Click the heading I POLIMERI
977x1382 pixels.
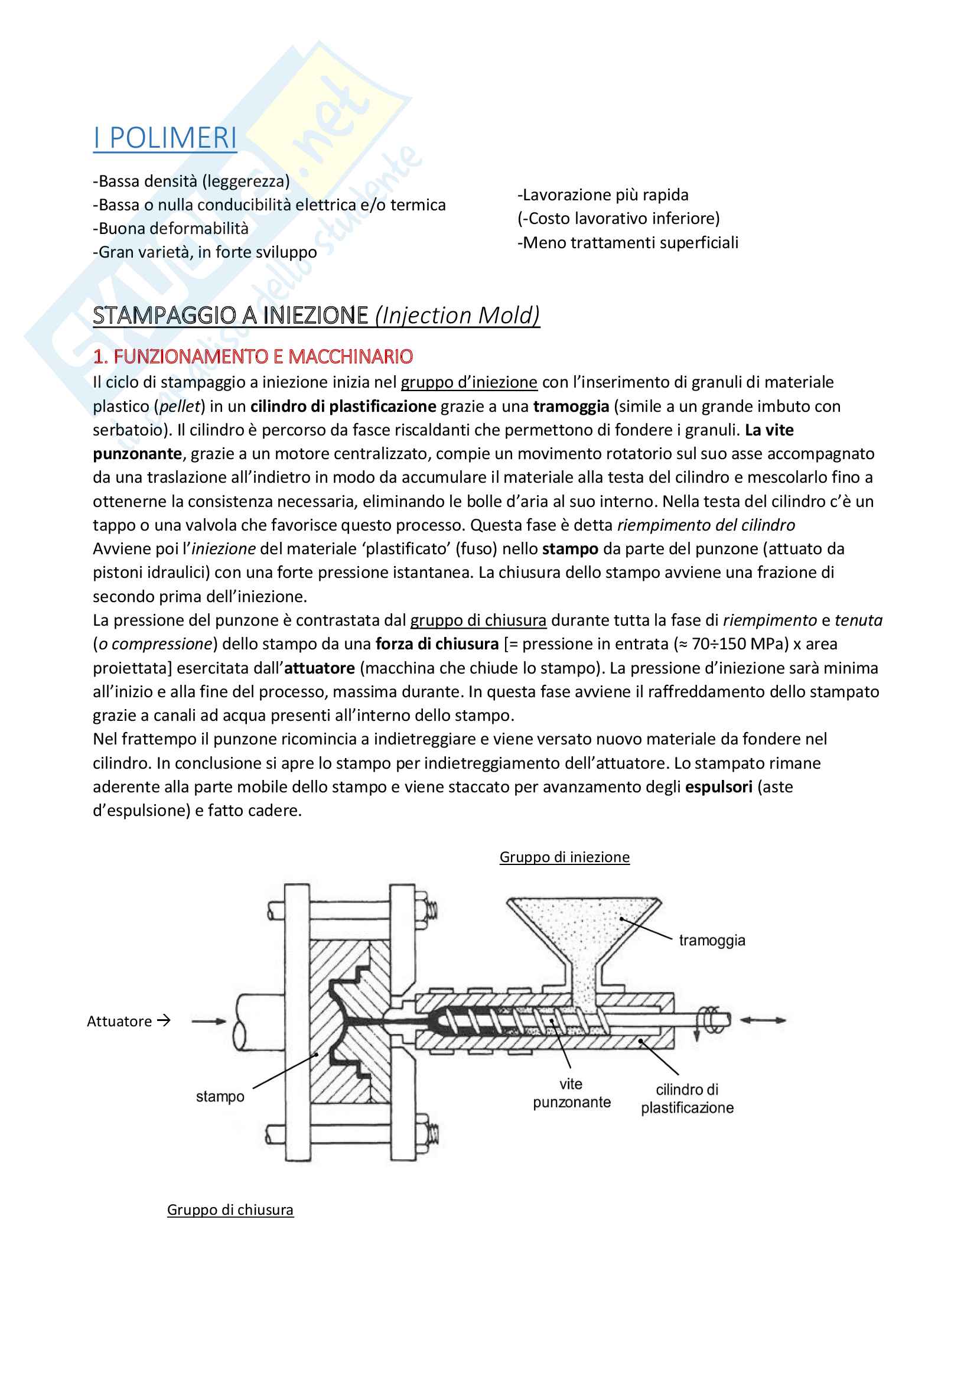click(165, 138)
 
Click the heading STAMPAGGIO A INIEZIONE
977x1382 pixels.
click(230, 315)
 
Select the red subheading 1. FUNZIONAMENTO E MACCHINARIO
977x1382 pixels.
click(253, 356)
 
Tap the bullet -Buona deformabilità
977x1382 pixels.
click(170, 228)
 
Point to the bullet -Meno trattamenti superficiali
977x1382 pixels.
click(627, 243)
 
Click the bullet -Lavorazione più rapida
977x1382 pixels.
click(603, 195)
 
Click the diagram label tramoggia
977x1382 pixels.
click(712, 939)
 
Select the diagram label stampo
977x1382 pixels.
click(220, 1096)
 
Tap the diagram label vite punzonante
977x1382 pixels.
click(571, 1092)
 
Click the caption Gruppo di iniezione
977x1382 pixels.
click(564, 857)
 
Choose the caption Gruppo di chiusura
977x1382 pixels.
click(230, 1209)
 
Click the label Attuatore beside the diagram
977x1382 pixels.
click(119, 1021)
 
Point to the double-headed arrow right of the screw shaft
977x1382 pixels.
click(762, 1020)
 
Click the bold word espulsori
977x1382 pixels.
click(718, 786)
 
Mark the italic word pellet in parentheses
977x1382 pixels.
click(180, 407)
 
